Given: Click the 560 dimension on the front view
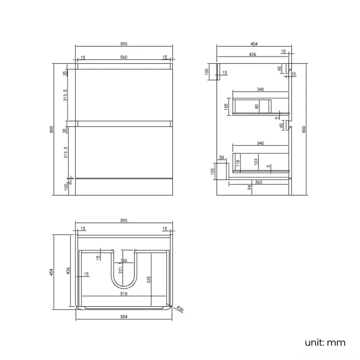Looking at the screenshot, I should [x=124, y=57].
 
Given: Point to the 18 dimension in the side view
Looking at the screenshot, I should [x=283, y=52].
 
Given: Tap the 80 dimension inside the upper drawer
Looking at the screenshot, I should [x=256, y=105].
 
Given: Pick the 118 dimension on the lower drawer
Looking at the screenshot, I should [x=238, y=162].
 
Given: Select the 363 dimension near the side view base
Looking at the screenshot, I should [x=258, y=182].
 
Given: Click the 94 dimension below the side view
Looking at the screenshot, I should [x=250, y=188].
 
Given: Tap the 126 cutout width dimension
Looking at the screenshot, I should [x=124, y=261].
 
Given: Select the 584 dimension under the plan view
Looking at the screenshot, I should [x=124, y=317].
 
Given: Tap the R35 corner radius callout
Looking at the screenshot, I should [x=181, y=310].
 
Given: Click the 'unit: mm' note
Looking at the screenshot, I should [x=325, y=342].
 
